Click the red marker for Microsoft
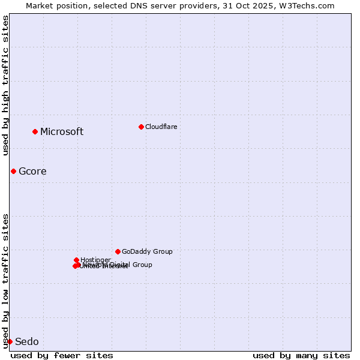[x=35, y=131]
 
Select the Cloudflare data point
[x=141, y=127]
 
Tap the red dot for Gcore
[x=13, y=171]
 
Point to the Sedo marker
[x=10, y=341]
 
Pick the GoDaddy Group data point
[x=118, y=251]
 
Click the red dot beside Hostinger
[x=76, y=260]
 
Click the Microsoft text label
[x=62, y=132]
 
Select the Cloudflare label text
[x=161, y=127]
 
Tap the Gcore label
[x=32, y=172]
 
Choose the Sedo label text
[x=27, y=342]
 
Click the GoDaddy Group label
[x=147, y=252]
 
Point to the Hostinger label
[x=95, y=260]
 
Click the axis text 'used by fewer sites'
[x=62, y=355]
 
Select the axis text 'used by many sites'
[x=301, y=355]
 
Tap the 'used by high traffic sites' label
[x=6, y=85]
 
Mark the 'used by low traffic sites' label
[x=6, y=281]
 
